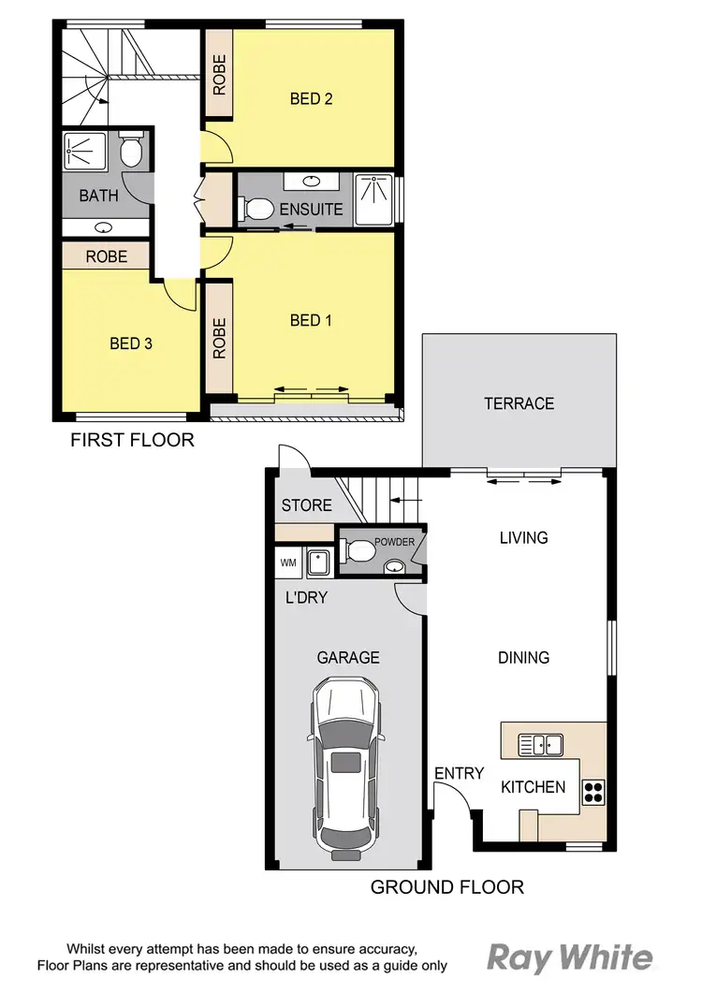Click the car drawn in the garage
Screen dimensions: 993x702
(348, 767)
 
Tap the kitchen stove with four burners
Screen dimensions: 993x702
(593, 792)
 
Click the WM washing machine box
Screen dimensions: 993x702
(287, 563)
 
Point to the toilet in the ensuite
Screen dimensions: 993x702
(256, 209)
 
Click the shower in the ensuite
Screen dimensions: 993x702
(375, 199)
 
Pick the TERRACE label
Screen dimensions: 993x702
(519, 403)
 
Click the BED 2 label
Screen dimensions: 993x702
(312, 98)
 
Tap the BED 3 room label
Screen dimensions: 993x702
(130, 343)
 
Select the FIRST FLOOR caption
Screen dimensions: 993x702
(132, 439)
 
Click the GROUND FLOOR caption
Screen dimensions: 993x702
(446, 886)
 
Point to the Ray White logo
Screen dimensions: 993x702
(569, 957)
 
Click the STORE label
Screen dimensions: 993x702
(306, 505)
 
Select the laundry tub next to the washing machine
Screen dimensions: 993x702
(319, 563)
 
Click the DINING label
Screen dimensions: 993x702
(523, 658)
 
